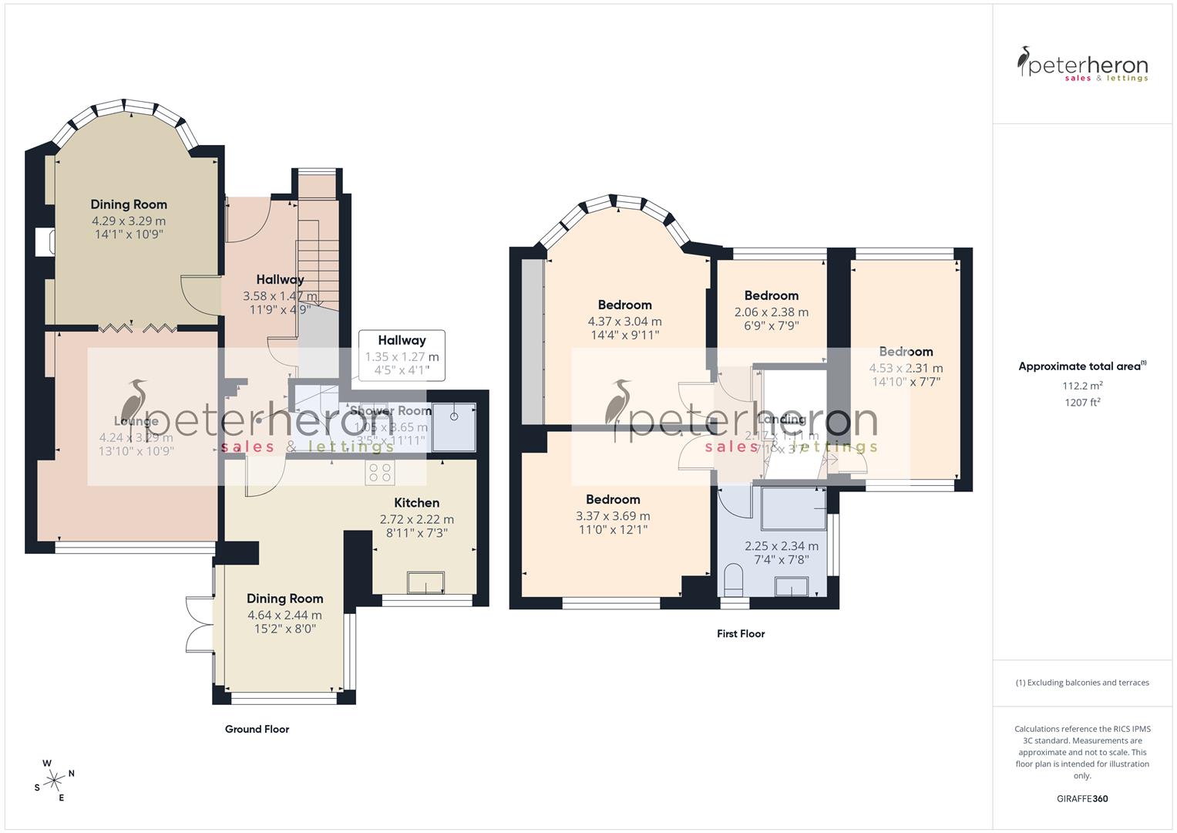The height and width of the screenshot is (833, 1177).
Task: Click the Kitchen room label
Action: (x=417, y=503)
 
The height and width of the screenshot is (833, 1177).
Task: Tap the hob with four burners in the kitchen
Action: (x=381, y=472)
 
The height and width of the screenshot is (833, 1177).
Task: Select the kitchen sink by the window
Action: (x=425, y=582)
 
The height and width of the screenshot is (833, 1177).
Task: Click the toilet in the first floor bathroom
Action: (x=734, y=578)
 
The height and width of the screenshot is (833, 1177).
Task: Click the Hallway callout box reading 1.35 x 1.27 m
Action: (x=402, y=356)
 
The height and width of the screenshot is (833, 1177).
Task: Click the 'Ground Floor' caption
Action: (x=257, y=729)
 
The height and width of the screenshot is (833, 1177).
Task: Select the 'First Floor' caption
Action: (x=740, y=634)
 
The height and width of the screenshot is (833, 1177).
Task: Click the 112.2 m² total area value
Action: (x=1082, y=386)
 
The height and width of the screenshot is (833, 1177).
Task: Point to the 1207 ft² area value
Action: (x=1082, y=402)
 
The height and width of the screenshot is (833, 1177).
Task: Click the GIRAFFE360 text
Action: (x=1081, y=798)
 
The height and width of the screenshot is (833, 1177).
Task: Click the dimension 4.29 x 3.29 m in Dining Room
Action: (x=129, y=221)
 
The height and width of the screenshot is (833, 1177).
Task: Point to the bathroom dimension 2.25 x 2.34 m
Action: (x=782, y=546)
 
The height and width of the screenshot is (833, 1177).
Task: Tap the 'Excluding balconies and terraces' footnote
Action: (x=1082, y=683)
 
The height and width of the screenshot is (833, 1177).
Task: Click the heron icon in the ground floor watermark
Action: (x=137, y=401)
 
